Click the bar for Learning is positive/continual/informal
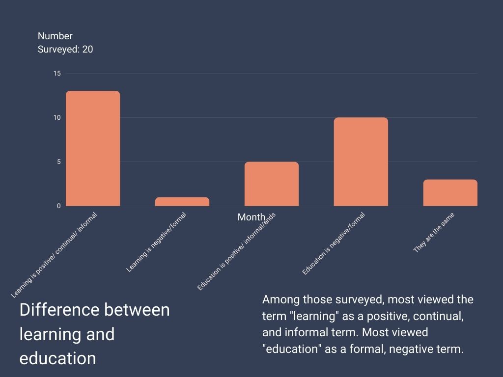(93, 148)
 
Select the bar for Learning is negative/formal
(182, 202)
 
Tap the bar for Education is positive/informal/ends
(272, 184)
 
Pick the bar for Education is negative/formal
(361, 162)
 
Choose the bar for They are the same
(450, 192)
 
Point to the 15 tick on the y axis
(57, 74)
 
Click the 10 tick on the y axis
(57, 118)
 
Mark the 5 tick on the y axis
(58, 162)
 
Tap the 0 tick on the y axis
(58, 206)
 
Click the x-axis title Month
(251, 217)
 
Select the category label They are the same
(434, 233)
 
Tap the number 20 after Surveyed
(87, 49)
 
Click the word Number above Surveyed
(55, 36)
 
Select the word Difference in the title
(58, 310)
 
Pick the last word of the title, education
(57, 358)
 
